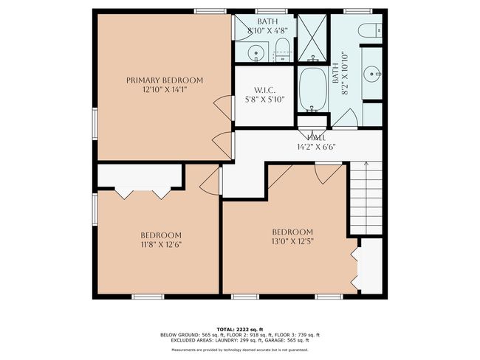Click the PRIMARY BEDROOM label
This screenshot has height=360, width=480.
click(x=164, y=80)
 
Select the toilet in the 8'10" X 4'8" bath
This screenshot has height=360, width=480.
click(x=281, y=50)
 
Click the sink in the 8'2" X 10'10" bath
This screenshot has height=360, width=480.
click(x=371, y=73)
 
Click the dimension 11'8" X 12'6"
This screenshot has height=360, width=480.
click(x=161, y=244)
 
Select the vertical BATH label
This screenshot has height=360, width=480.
click(x=336, y=72)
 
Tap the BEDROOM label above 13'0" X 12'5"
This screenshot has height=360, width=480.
click(x=292, y=232)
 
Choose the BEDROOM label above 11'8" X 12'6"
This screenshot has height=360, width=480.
click(x=161, y=235)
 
